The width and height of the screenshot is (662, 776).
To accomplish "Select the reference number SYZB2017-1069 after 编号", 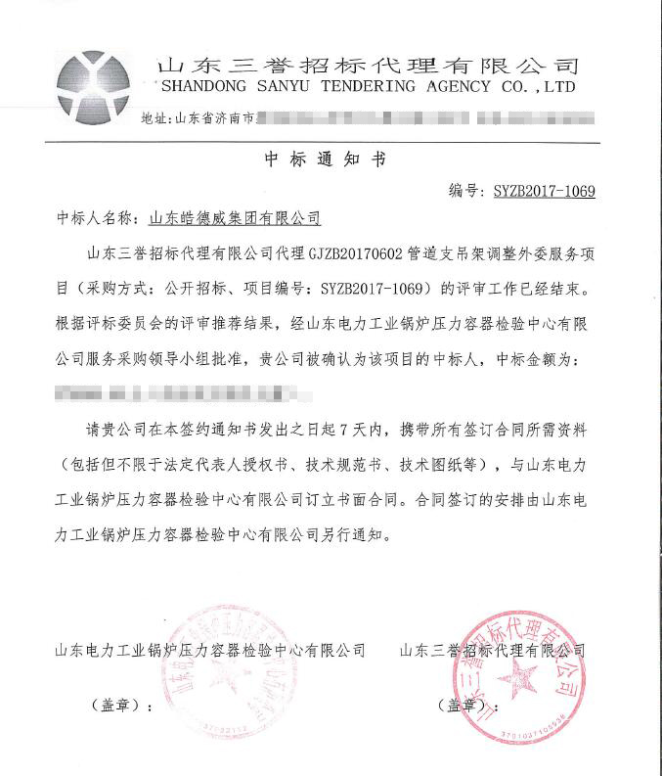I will coord(544,191).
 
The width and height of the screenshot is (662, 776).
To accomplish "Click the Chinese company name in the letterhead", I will coord(368,65).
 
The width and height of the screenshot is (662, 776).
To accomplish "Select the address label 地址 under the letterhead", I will coord(154,118).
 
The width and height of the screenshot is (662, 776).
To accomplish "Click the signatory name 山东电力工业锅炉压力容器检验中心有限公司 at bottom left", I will coord(209,649).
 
